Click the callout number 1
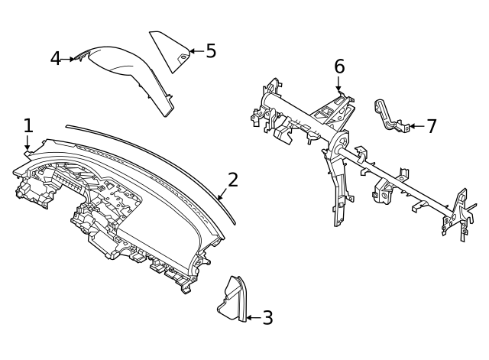(x=28, y=125)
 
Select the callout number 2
(x=233, y=180)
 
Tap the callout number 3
(x=267, y=318)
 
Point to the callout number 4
(x=56, y=58)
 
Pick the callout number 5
(x=211, y=51)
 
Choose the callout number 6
(x=339, y=67)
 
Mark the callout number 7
(x=432, y=126)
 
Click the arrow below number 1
(x=28, y=145)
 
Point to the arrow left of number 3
(x=251, y=318)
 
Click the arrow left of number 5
(x=195, y=51)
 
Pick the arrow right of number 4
(x=72, y=58)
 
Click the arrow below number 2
(x=223, y=194)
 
